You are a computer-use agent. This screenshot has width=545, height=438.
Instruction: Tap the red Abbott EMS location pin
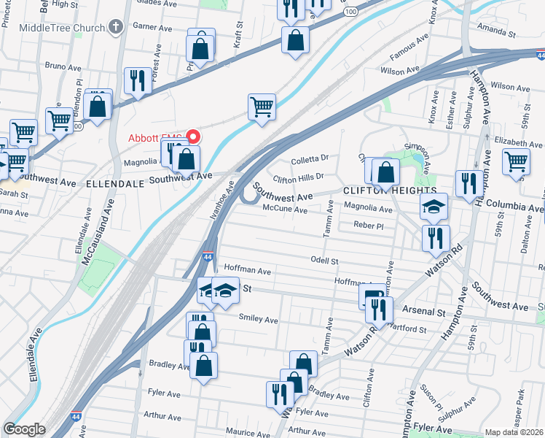[193, 137]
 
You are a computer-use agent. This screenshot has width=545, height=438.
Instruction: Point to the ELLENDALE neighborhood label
[115, 185]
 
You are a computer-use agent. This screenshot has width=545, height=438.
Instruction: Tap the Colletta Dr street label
[310, 156]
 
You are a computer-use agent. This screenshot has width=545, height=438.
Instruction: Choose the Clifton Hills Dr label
[297, 177]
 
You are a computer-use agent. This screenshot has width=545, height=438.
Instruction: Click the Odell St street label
[325, 261]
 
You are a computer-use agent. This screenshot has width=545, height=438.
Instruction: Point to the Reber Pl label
[368, 226]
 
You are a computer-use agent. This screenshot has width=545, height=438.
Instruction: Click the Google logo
[23, 429]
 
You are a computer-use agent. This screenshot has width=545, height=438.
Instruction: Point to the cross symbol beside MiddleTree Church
[115, 28]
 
